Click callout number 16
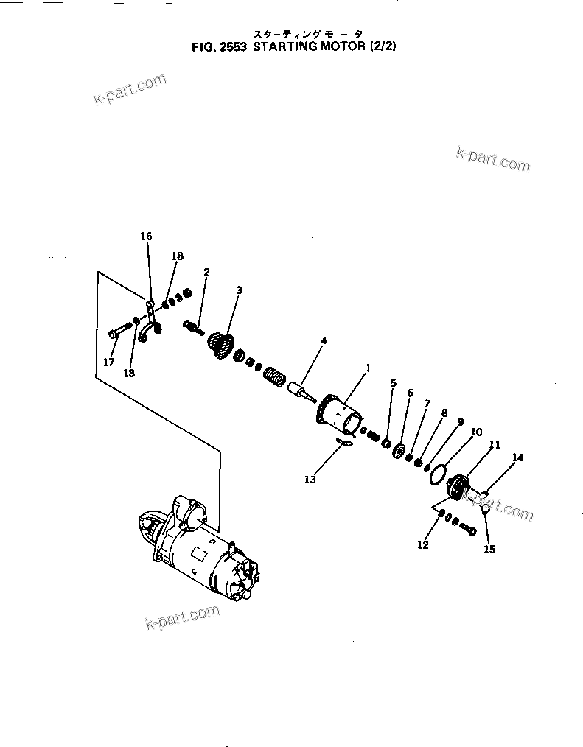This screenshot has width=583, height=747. coord(146,236)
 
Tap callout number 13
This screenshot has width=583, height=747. coord(310,480)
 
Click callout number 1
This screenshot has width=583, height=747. coord(369,368)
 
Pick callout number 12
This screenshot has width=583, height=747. coord(422,545)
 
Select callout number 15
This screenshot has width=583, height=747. coord(490,549)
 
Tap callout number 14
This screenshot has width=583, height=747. coord(517,458)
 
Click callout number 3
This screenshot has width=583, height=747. coord(238,290)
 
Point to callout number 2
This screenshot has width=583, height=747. coord(206,272)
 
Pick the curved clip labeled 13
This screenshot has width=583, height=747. coord(343,442)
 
